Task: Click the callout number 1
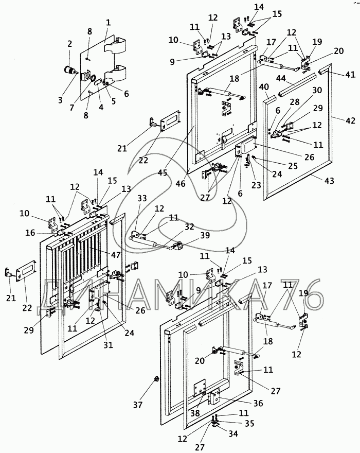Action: tap(109, 23)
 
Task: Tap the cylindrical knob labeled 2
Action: tap(69, 70)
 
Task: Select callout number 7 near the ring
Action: tap(72, 108)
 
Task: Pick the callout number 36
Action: tap(258, 403)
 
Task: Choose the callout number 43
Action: tap(329, 181)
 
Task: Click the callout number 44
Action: tap(281, 79)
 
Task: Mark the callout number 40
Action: tap(264, 86)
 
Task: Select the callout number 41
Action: tap(350, 75)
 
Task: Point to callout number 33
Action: tap(142, 198)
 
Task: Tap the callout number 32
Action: tap(189, 227)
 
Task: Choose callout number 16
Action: tap(30, 233)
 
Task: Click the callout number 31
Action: tap(109, 344)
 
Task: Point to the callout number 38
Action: tap(195, 413)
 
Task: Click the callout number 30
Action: tap(317, 91)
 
